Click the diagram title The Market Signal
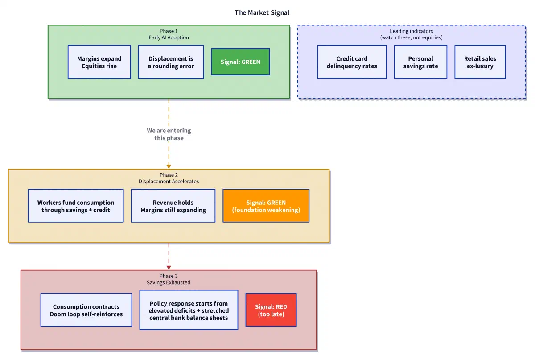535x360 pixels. point(262,12)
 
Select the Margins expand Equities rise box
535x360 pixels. point(99,62)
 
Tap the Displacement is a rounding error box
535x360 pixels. point(171,62)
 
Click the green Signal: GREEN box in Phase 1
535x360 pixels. point(240,62)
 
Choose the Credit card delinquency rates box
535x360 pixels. point(352,62)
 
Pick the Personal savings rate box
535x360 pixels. point(420,62)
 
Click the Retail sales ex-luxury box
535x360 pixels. point(480,62)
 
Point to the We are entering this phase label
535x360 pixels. point(169,134)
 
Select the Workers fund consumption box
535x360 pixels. point(76,206)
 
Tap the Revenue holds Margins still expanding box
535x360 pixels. point(173,206)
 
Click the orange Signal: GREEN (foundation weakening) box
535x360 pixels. point(266,206)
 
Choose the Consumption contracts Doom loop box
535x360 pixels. point(86,310)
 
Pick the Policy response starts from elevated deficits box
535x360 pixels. point(189,310)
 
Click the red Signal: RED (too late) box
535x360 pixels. point(271,310)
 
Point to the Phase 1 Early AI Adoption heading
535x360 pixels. point(169,34)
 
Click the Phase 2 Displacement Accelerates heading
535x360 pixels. point(169,178)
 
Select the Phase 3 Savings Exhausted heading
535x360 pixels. point(169,279)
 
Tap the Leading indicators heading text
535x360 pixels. point(411,34)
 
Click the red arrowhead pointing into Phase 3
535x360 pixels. point(169,268)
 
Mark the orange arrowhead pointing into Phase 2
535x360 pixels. point(169,166)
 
